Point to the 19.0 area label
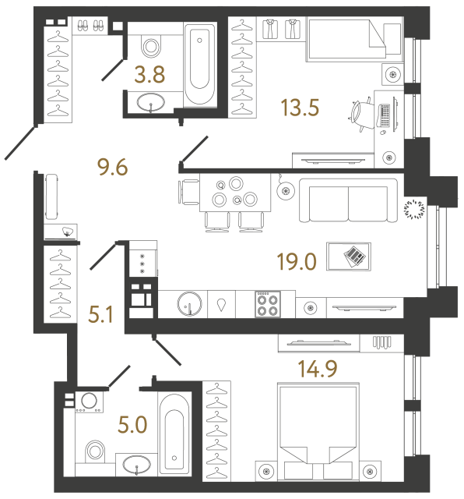[x=297, y=260]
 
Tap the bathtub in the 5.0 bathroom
[x=172, y=433]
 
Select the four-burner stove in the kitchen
[x=269, y=303]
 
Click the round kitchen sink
[x=188, y=303]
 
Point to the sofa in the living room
[x=347, y=202]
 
